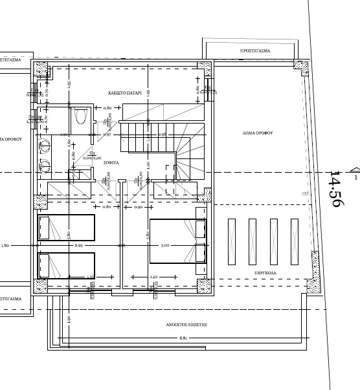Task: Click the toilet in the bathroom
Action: (80, 116)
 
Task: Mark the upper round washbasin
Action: (46, 146)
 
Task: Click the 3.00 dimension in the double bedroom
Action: (165, 245)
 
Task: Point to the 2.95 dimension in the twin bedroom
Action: (78, 245)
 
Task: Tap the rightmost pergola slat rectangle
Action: (294, 240)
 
